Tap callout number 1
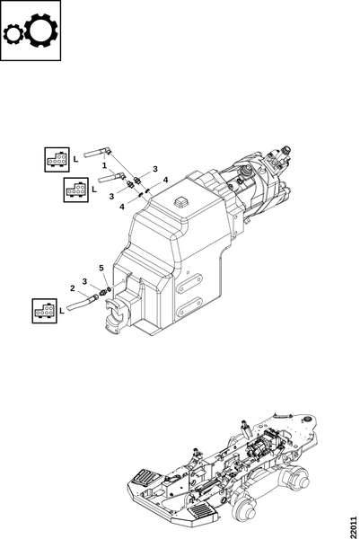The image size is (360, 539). [x=104, y=165]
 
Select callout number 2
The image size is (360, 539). [x=72, y=288]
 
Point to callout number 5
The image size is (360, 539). [x=101, y=268]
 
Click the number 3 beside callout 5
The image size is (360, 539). [x=84, y=281]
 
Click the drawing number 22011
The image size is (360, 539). [x=354, y=527]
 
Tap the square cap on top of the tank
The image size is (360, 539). [x=181, y=201]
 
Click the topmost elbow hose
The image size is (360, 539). [x=97, y=153]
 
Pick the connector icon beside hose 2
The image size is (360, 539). [x=44, y=311]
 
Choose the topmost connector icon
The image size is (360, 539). [x=57, y=160]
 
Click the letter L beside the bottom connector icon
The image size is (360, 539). [x=62, y=311]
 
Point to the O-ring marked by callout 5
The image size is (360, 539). [x=109, y=288]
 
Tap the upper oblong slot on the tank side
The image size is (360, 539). [x=190, y=283]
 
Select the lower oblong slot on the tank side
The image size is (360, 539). [x=190, y=306]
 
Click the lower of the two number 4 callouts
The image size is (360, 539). [x=122, y=207]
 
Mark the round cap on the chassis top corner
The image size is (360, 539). [x=306, y=419]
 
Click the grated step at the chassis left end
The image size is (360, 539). [x=145, y=476]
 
